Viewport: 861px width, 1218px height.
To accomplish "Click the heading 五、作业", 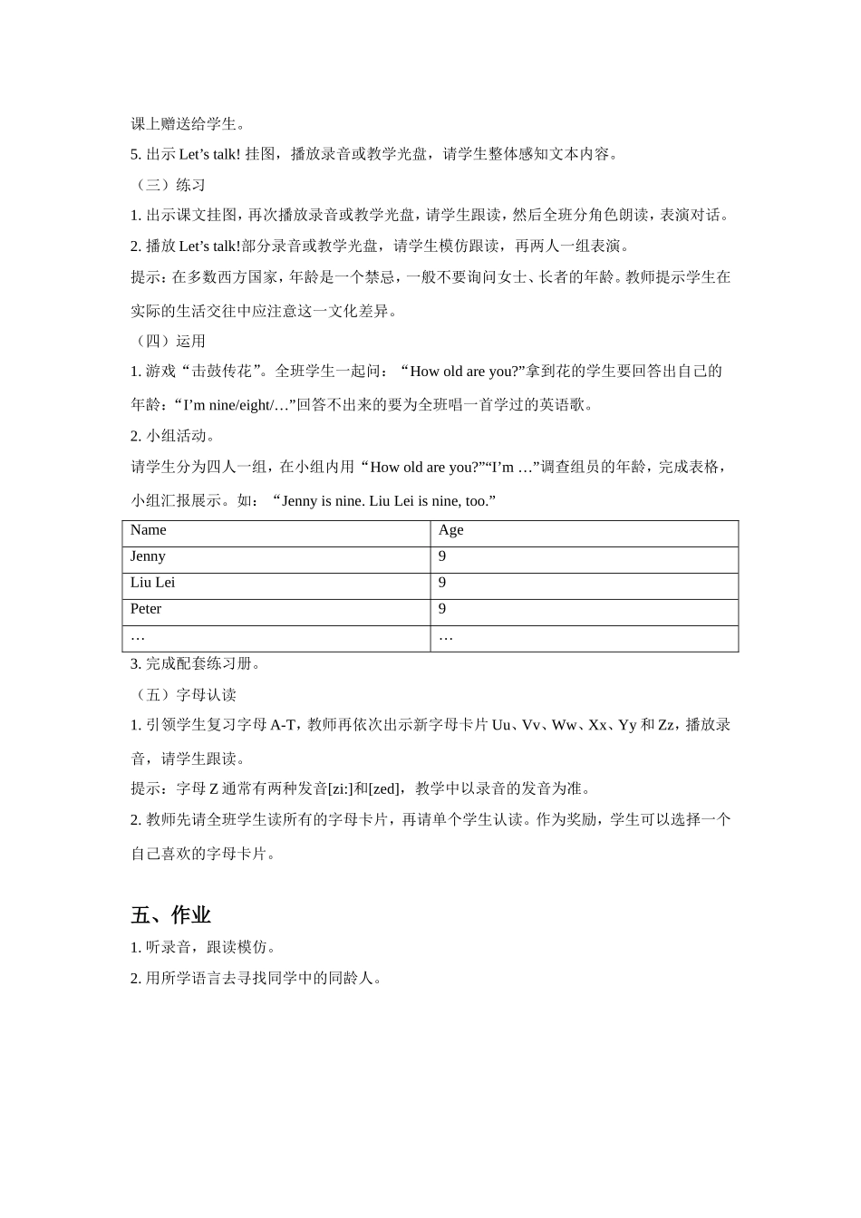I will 171,915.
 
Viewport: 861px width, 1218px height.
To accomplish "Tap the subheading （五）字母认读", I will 184,694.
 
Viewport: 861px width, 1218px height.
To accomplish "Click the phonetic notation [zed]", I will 384,788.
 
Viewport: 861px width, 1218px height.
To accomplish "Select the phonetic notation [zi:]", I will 340,788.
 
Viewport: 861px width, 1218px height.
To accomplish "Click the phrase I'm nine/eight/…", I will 236,405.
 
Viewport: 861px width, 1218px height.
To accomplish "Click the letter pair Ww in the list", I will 564,725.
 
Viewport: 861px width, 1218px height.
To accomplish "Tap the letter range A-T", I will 283,725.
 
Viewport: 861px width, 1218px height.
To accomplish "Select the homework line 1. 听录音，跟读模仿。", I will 205,947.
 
